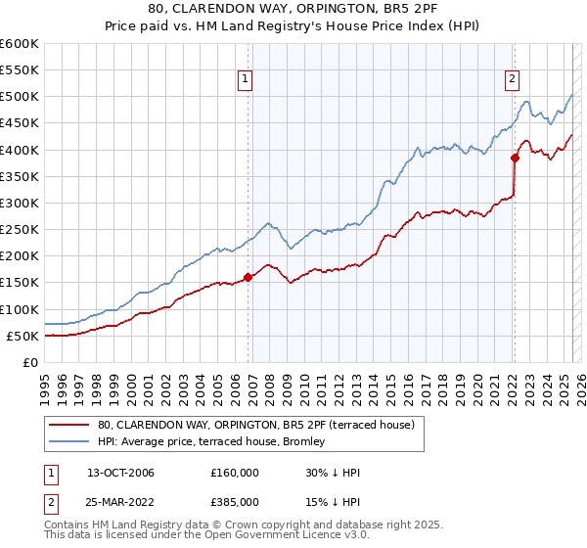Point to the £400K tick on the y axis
19,150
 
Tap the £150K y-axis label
19,282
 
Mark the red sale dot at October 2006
248,277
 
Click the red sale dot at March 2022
515,158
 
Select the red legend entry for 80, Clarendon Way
256,425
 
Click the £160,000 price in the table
235,473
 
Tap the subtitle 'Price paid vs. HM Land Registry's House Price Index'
293,26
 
